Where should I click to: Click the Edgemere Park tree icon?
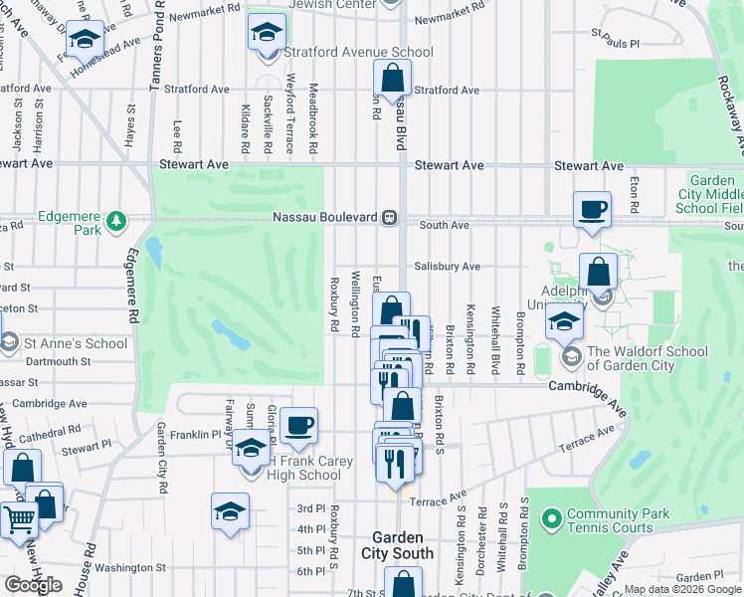117,219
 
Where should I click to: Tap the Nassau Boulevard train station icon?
390,217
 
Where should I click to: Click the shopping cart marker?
18,519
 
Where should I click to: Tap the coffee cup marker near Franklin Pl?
298,427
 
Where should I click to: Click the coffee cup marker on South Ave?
592,210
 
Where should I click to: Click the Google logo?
33,585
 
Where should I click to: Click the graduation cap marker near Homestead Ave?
85,40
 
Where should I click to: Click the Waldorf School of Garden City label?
647,358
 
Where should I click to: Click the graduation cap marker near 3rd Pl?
230,511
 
